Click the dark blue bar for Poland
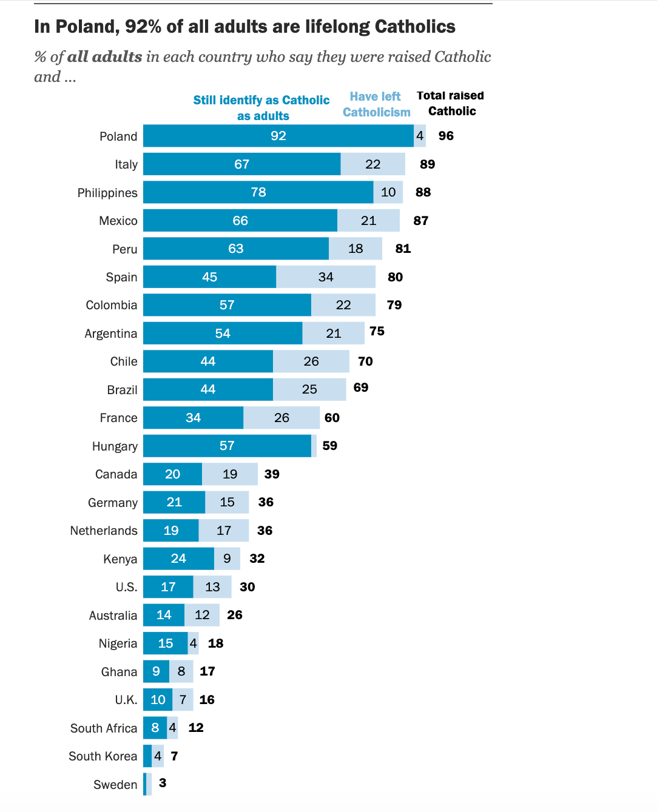[x=278, y=136]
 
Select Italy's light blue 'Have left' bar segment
[x=372, y=164]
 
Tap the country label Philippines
[x=107, y=193]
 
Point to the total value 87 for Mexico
[x=421, y=221]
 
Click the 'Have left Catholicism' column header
[x=376, y=104]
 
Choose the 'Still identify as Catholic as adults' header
[x=261, y=108]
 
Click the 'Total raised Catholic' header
[x=451, y=103]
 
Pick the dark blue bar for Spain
[x=209, y=277]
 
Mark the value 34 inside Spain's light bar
[x=326, y=277]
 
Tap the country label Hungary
[x=115, y=446]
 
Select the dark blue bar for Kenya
[x=178, y=559]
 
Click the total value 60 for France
[x=332, y=418]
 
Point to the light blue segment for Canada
[x=230, y=474]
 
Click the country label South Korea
[x=103, y=756]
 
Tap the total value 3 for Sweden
[x=163, y=783]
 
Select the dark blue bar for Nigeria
[x=165, y=643]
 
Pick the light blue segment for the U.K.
[x=183, y=700]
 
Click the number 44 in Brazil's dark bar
[x=208, y=389]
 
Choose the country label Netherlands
[x=104, y=531]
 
